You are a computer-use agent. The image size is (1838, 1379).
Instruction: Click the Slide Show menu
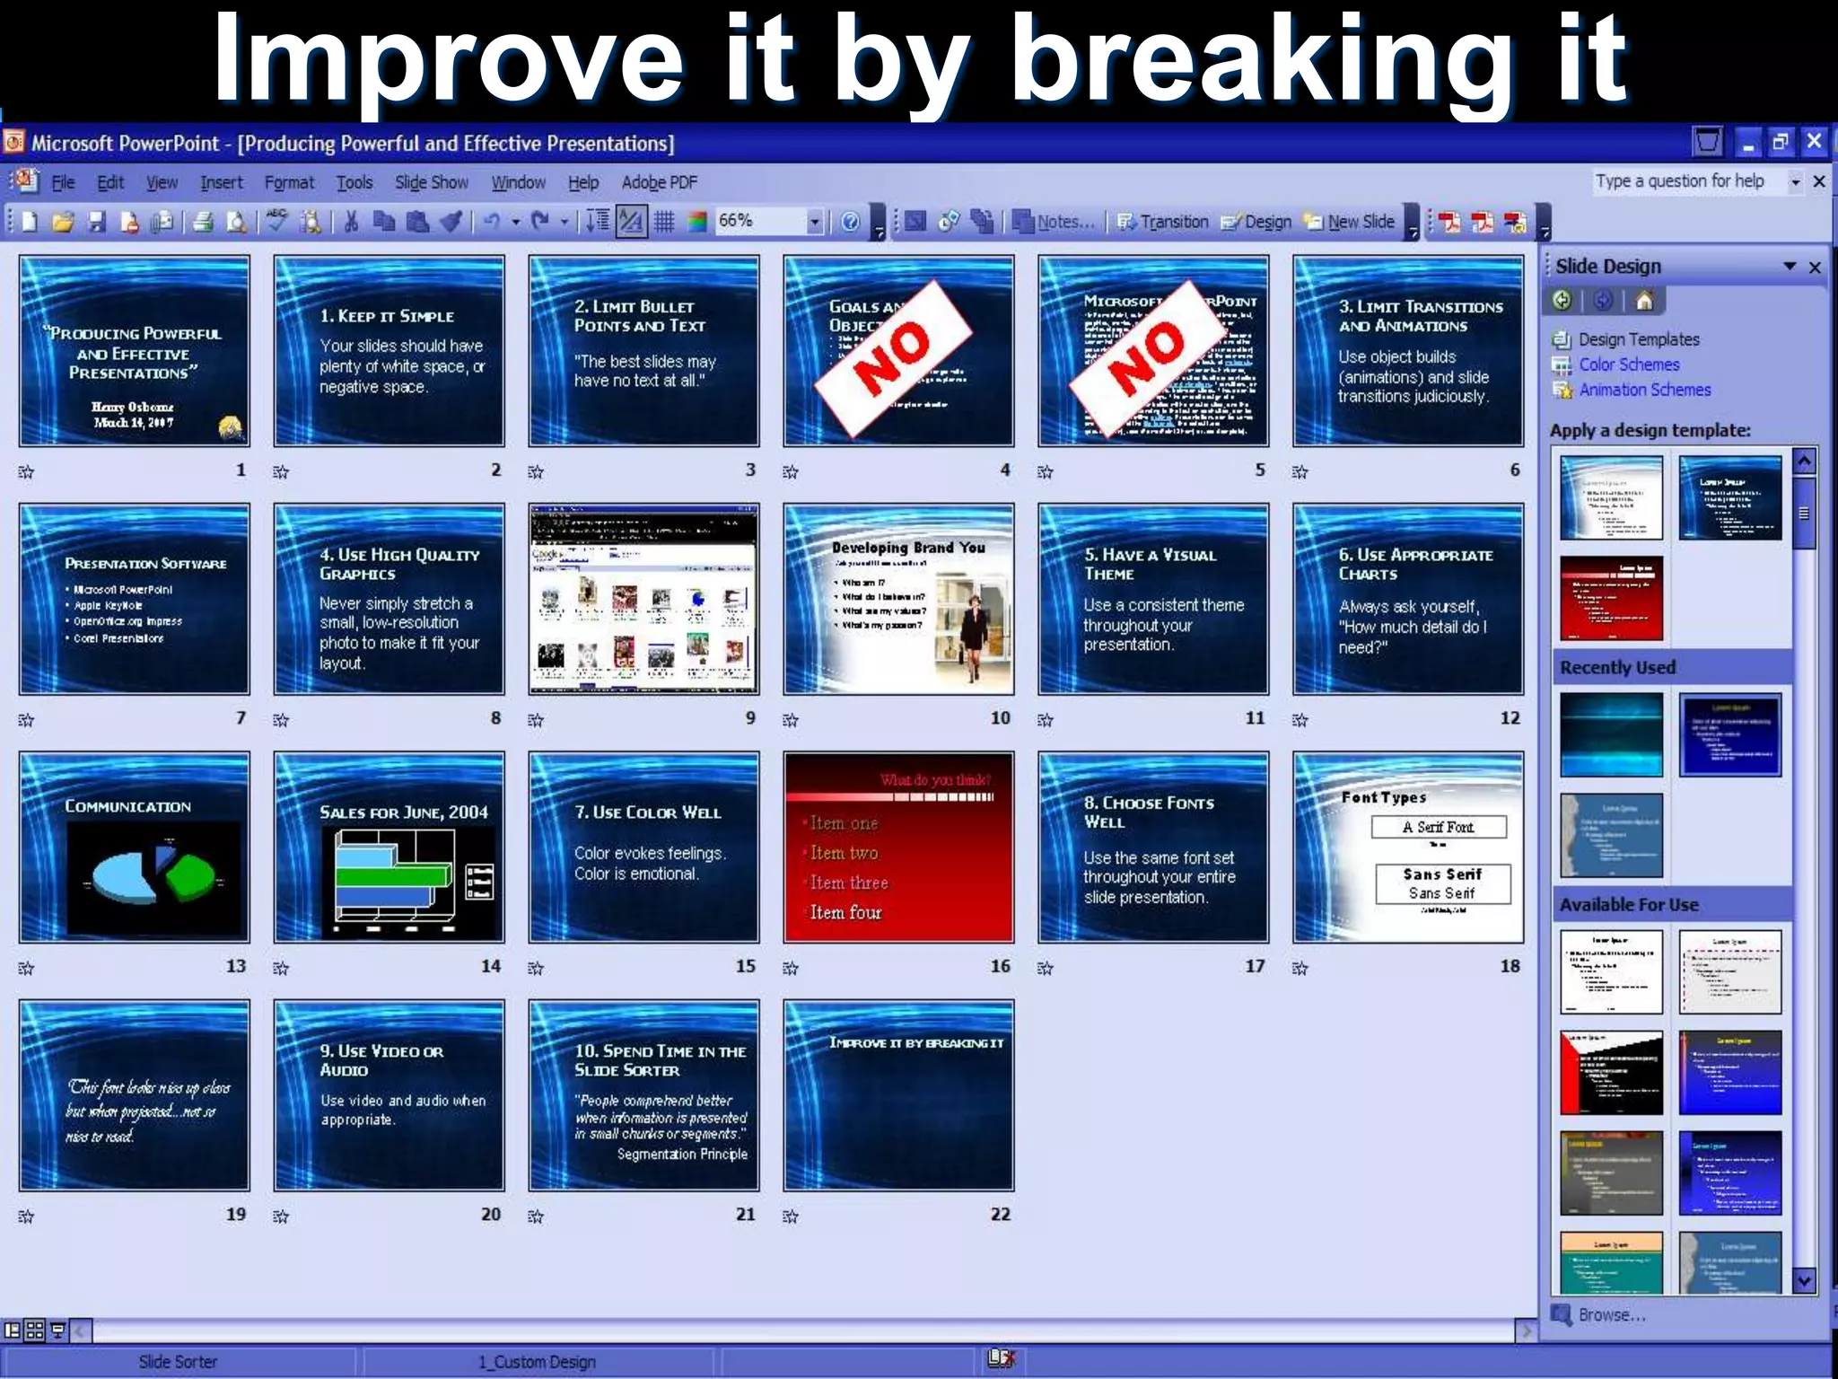(432, 182)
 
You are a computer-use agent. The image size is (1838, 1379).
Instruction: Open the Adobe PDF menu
(659, 182)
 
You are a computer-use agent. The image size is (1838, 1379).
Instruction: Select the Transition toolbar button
(1164, 222)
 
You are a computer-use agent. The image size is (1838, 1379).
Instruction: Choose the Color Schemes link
(1628, 365)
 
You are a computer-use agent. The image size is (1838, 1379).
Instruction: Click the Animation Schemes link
(1644, 390)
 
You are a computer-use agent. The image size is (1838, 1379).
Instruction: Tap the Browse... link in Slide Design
(1611, 1314)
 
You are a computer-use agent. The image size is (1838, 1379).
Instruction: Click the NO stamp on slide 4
(893, 358)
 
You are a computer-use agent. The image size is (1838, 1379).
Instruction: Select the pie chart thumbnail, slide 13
(135, 847)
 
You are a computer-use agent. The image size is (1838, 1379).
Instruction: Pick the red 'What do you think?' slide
(898, 847)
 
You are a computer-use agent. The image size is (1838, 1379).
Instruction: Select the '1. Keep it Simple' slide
(389, 351)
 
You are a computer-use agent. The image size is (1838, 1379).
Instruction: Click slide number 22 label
(1000, 1214)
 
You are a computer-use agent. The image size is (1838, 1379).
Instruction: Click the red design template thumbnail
(1611, 598)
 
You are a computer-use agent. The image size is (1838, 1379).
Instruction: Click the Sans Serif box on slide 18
(1442, 883)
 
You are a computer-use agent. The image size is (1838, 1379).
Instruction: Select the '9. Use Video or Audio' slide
(389, 1095)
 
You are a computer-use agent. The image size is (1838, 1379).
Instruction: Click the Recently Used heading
(1617, 667)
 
